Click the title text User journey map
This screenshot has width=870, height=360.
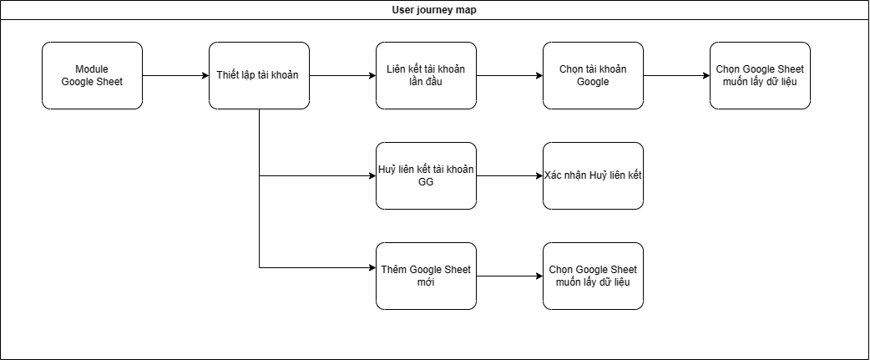[x=434, y=9]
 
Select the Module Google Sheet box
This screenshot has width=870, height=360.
[x=92, y=75]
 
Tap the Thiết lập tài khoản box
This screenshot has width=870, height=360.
[x=259, y=75]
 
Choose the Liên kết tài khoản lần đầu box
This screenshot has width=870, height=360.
[x=426, y=75]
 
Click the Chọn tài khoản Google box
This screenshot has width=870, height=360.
[x=593, y=75]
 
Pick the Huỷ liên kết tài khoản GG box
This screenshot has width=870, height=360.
[x=426, y=175]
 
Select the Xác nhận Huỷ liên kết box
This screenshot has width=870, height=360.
[x=593, y=175]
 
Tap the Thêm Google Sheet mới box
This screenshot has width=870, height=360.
[x=426, y=276]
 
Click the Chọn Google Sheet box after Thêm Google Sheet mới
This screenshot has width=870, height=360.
[x=593, y=276]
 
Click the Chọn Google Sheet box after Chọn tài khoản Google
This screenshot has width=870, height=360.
[x=760, y=75]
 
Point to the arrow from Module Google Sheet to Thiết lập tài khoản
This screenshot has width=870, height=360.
[x=175, y=75]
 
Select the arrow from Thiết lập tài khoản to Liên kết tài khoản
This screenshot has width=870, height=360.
[x=342, y=75]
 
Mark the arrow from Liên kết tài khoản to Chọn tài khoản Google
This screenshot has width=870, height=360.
[x=509, y=75]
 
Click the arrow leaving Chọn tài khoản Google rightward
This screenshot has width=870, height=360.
[x=676, y=75]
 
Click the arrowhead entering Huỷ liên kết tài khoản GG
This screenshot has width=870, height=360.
[x=371, y=175]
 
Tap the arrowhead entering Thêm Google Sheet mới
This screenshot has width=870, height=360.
[x=371, y=267]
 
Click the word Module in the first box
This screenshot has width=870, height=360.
[x=92, y=68]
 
